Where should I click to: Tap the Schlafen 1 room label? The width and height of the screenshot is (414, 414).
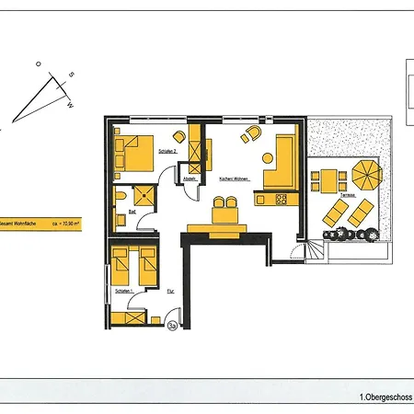pyautogui.click(x=123, y=291)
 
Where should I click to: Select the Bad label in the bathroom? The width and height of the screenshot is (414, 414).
pyautogui.click(x=132, y=212)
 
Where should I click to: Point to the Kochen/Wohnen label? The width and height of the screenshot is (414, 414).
pyautogui.click(x=236, y=178)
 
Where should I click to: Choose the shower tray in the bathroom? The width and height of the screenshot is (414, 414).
pyautogui.click(x=145, y=194)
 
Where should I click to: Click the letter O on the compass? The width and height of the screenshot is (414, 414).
pyautogui.click(x=39, y=63)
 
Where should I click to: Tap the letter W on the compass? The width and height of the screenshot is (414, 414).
pyautogui.click(x=71, y=105)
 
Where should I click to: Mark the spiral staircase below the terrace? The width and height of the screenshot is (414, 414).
pyautogui.click(x=315, y=248)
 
